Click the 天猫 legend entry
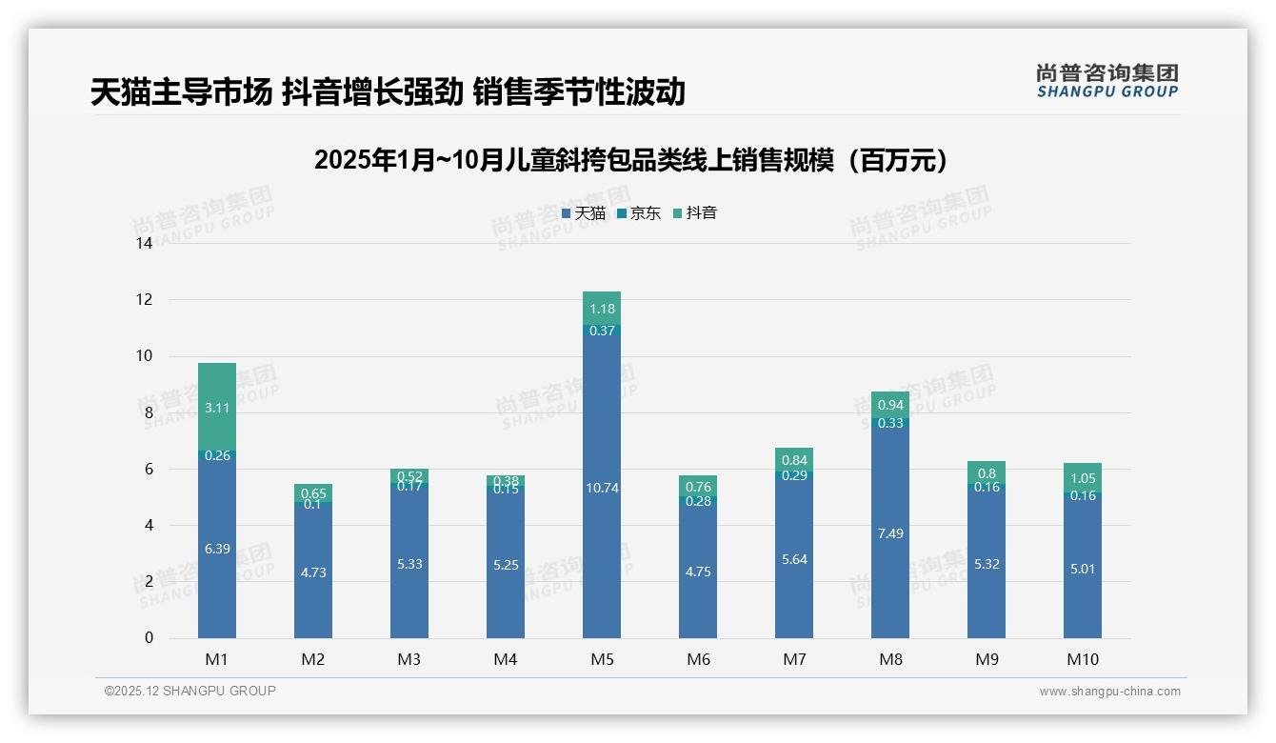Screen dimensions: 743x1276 [x=584, y=213]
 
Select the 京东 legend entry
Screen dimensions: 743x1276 [x=639, y=213]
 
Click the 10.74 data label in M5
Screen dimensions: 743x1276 [x=602, y=488]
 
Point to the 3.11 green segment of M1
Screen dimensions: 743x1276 [x=217, y=407]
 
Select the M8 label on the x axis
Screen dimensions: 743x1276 [x=890, y=659]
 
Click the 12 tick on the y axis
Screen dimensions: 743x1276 [x=144, y=299]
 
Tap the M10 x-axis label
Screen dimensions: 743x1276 [x=1082, y=659]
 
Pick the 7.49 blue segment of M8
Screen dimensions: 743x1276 [x=890, y=533]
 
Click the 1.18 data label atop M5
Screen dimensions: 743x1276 [x=602, y=309]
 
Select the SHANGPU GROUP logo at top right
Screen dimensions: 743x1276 [x=1107, y=81]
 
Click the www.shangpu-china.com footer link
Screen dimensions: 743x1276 [x=1109, y=692]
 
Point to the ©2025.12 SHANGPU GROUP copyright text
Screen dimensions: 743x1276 [x=190, y=691]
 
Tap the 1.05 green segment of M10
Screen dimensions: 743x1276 [x=1082, y=478]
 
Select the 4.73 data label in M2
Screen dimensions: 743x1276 [x=313, y=572]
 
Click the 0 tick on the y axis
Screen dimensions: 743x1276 [x=149, y=638]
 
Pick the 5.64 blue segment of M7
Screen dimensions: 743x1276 [x=794, y=559]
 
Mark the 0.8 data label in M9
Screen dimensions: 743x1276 [x=987, y=473]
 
